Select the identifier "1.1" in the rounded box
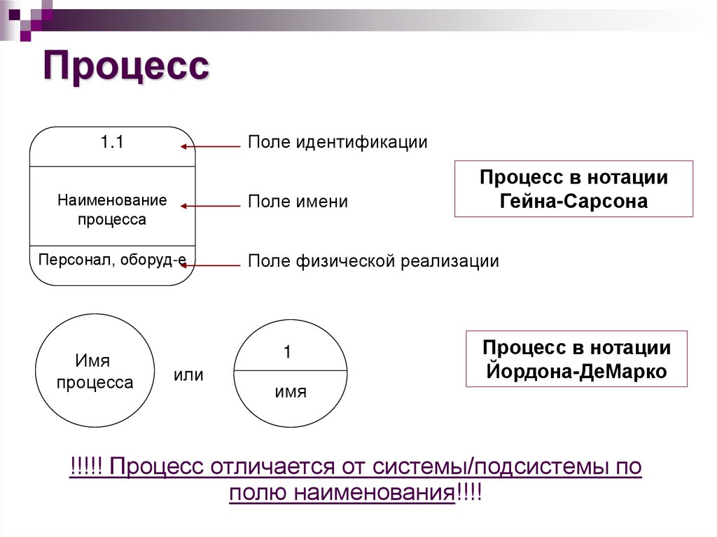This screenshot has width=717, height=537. (x=111, y=143)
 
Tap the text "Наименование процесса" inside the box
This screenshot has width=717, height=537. (x=112, y=209)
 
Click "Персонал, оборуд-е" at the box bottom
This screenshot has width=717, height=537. (x=112, y=260)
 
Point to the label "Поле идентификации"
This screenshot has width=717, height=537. (x=337, y=142)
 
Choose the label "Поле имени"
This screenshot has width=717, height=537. (x=298, y=202)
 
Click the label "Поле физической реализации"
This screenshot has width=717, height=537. (x=373, y=262)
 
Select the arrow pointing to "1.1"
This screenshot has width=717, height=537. (x=210, y=147)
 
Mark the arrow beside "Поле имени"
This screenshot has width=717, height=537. (x=210, y=206)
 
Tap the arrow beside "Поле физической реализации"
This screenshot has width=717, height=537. (x=214, y=265)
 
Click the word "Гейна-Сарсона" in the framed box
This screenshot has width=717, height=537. (x=573, y=201)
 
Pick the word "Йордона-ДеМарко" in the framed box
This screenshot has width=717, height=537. (x=576, y=371)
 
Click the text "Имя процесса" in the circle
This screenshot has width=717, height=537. (x=94, y=372)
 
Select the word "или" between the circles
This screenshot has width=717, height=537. (x=188, y=375)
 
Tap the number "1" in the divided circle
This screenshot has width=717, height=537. (x=287, y=353)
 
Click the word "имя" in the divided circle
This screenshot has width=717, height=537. (x=290, y=392)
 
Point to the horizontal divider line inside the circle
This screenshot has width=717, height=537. (x=290, y=370)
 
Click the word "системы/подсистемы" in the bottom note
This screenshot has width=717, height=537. (x=482, y=467)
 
